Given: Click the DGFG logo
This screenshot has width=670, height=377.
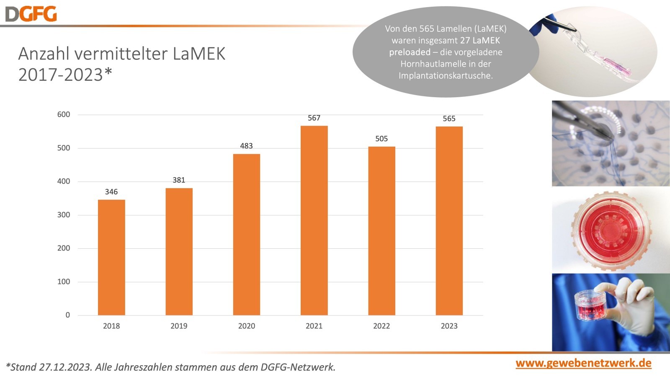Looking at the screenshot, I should tap(31, 14).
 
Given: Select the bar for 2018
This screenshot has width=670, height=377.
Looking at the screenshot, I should tap(111, 257).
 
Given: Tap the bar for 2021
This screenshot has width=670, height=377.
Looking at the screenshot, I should tap(314, 220).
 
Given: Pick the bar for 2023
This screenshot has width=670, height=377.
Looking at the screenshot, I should tap(449, 221).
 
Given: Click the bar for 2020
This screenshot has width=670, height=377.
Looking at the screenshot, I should tap(246, 235).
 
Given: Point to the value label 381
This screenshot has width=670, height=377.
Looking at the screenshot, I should tap(179, 180).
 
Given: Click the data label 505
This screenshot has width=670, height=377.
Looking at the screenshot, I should tap(381, 139).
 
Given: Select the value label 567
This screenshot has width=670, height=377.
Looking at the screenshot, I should tap(314, 118).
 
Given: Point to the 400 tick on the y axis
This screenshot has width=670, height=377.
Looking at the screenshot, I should tap(64, 181).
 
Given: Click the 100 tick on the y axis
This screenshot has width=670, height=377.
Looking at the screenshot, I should tap(64, 282).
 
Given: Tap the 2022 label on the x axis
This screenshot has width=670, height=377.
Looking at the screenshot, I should tap(381, 326).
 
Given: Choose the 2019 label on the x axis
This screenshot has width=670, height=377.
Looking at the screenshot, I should tap(179, 326).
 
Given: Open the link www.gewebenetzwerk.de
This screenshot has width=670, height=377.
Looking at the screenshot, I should tap(583, 363).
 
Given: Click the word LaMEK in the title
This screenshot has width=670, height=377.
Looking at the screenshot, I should tap(199, 54).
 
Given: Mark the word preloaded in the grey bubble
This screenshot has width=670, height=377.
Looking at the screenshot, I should tap(410, 52).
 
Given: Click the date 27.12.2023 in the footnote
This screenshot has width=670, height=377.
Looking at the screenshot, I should tap(65, 367).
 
